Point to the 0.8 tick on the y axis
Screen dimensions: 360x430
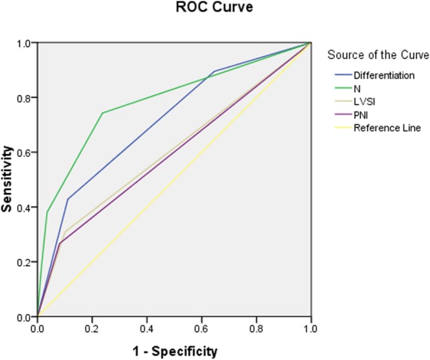click(x=24, y=98)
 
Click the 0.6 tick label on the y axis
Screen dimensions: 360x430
click(x=24, y=153)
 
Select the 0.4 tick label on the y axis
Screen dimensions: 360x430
click(x=24, y=207)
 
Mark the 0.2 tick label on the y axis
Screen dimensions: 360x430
click(x=24, y=262)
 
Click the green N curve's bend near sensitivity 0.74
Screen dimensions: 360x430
click(x=102, y=113)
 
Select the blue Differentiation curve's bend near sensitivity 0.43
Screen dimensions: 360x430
click(x=68, y=199)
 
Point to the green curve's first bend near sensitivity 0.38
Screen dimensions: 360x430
click(x=47, y=212)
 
